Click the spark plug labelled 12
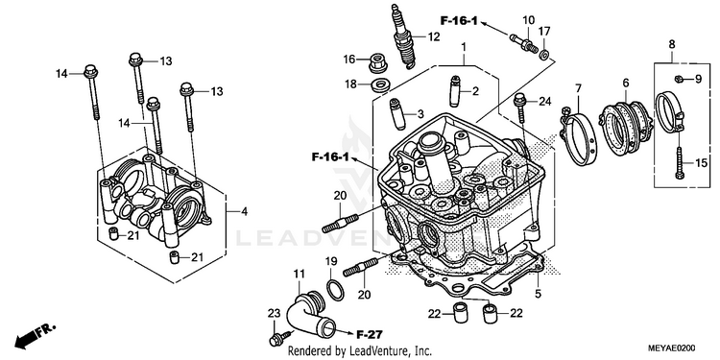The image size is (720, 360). [x=403, y=36]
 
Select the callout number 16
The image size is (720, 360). [x=349, y=60]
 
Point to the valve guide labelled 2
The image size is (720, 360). [x=455, y=90]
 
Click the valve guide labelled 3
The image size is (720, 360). [x=397, y=114]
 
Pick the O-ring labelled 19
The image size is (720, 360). [x=335, y=290]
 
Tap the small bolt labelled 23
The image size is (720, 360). [x=278, y=339]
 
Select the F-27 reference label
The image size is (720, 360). [x=370, y=334]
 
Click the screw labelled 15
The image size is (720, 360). [x=679, y=164]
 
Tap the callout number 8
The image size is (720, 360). [x=672, y=44]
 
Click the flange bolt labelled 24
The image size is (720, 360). [x=519, y=108]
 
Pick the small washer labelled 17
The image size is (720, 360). [x=544, y=55]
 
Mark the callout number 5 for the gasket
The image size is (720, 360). [x=539, y=294]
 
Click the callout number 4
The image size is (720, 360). [x=244, y=212]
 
